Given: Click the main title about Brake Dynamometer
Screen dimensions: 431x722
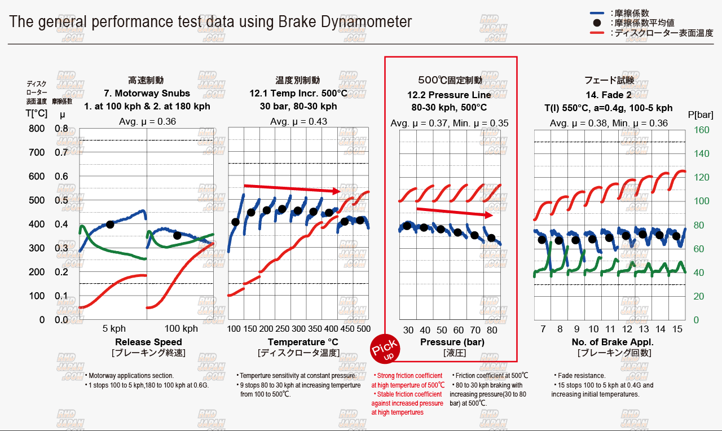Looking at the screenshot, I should (210, 22).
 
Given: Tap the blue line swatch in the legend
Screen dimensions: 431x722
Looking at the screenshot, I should (597, 12).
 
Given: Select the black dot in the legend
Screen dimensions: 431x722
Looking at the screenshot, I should (597, 23).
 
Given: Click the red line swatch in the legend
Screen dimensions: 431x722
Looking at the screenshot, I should (597, 33).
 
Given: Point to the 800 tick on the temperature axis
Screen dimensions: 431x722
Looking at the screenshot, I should (36, 129).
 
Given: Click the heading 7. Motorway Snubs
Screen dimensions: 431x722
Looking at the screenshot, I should (147, 93).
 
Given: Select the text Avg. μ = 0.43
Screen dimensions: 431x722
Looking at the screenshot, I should (298, 121).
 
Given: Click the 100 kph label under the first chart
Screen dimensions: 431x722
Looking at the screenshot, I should (181, 328).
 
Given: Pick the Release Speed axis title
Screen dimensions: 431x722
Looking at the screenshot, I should (148, 342).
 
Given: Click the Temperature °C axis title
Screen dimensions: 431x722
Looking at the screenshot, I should (298, 342).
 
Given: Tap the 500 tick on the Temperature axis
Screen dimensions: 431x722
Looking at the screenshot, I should (363, 328).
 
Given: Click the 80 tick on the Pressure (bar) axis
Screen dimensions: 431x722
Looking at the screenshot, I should (492, 330).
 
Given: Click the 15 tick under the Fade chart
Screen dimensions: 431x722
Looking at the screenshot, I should (677, 328).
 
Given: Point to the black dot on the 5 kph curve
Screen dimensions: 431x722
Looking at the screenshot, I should (110, 224).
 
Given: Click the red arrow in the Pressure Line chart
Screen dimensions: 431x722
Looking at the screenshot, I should (455, 212).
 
